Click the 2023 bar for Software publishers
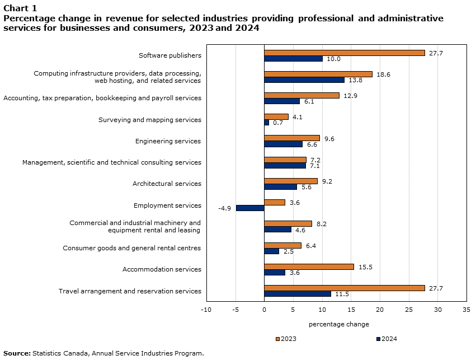[344, 53]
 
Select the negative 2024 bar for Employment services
[250, 208]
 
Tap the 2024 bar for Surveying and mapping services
[266, 123]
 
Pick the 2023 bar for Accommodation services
[309, 267]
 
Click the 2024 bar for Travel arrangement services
[297, 294]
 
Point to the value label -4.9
[225, 208]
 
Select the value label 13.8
[355, 80]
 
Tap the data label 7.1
[315, 166]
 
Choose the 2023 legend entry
[286, 339]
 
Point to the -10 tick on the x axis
[206, 309]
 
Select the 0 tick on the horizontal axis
[264, 309]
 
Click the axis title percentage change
[338, 324]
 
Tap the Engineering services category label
[168, 141]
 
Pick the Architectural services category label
[167, 184]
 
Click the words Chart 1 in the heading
[20, 8]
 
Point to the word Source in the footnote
[17, 353]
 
